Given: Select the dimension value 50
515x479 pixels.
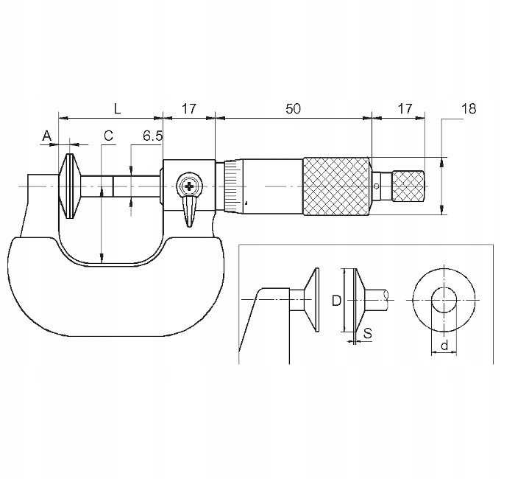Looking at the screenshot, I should click(293, 108).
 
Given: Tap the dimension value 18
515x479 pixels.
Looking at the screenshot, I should click(468, 108).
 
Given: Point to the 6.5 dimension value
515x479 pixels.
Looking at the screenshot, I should click(152, 136).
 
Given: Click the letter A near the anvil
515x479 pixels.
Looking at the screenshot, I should click(47, 136).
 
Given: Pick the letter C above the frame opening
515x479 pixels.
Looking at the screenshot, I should click(107, 136).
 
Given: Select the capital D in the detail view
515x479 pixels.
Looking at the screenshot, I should click(335, 301).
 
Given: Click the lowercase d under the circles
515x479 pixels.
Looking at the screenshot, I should click(444, 344).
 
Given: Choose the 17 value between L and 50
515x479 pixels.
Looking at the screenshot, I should click(189, 108).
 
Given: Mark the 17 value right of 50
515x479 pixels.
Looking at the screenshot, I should click(404, 108).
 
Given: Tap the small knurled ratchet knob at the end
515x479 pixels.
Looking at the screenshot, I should click(408, 186).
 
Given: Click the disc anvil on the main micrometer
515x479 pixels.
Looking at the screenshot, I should click(69, 186).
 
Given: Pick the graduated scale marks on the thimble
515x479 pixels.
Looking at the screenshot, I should click(232, 186).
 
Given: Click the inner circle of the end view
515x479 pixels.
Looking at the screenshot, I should click(444, 300).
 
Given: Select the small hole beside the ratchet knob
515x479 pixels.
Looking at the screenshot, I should click(377, 186).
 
